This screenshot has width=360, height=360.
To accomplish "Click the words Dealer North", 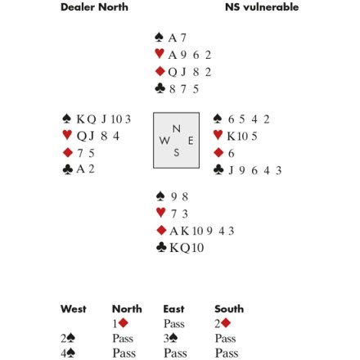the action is pos(94,7).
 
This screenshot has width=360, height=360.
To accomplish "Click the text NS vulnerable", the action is pos(262,7).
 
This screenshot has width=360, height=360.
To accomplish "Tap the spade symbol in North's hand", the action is pos(159,38).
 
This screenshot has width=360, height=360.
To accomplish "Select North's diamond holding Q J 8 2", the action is pos(190,72).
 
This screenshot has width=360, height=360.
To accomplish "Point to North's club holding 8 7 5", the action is pos(184,89).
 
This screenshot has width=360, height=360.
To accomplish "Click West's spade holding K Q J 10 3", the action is pos(104,119).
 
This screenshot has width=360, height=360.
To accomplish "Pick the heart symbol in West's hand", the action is pos(67,135).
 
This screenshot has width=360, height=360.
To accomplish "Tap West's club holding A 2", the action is pos(85,169).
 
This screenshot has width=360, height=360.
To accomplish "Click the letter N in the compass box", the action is pos(177,128).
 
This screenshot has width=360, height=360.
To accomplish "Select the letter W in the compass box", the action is pos(164,141).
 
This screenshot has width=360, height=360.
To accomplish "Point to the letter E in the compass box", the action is pos(191,141).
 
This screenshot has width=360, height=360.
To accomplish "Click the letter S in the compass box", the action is pos(177,153).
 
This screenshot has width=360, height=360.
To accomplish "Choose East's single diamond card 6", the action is pos(231,153).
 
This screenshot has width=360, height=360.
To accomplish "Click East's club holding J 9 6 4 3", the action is pos(255,170).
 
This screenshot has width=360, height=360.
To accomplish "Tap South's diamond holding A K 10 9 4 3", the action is pos(202,231).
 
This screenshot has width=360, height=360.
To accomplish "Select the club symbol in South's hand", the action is pos(161,248).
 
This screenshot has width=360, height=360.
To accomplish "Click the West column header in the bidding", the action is pos(74,309).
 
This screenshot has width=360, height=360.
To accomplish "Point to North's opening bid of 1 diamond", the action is pos(120,323).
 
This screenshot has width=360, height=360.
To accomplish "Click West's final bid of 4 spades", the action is pos(68,353).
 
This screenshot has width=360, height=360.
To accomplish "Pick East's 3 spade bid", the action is pos(171,339).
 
